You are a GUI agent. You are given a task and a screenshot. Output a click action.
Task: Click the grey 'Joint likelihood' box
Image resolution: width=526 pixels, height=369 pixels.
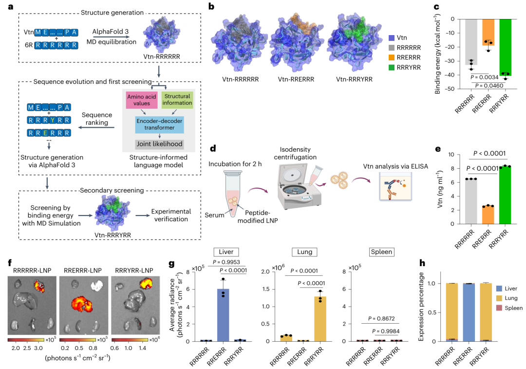coord(159,145)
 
